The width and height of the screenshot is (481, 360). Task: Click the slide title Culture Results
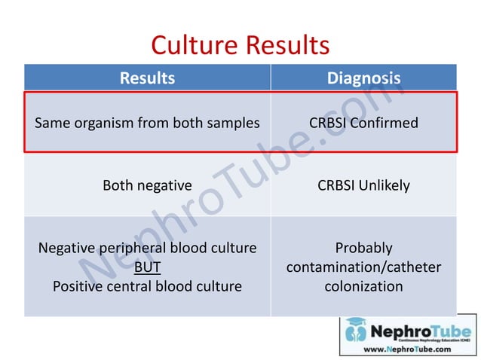[x=240, y=45]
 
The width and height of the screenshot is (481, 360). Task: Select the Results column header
[x=147, y=78]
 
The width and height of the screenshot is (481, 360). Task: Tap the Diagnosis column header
[x=363, y=78]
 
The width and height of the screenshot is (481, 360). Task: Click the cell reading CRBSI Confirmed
[x=363, y=123]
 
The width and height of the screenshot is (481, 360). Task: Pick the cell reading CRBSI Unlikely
[x=363, y=185]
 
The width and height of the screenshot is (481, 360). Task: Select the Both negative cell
[x=147, y=185]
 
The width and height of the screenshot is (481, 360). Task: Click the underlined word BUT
[x=147, y=267]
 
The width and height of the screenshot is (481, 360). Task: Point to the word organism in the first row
[x=106, y=123]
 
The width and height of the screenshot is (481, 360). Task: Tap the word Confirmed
[x=387, y=123]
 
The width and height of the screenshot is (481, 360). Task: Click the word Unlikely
[x=386, y=185]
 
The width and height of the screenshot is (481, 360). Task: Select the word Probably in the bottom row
[x=363, y=248]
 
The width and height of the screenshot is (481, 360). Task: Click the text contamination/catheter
[x=363, y=267]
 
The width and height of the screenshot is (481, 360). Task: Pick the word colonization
[x=363, y=286]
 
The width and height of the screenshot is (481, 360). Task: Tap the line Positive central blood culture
[x=147, y=286]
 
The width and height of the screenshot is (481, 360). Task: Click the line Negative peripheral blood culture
[x=147, y=248]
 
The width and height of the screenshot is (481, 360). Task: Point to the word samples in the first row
[x=233, y=123]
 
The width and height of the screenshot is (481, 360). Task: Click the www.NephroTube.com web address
[x=408, y=349]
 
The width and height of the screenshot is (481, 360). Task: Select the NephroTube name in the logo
[x=419, y=330]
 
